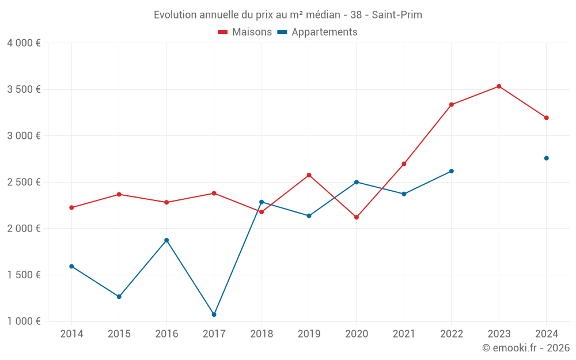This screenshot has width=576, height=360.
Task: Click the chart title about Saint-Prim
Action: pyautogui.click(x=287, y=14)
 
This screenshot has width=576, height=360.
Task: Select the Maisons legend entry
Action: pyautogui.click(x=245, y=32)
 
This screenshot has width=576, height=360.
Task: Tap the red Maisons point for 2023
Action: pyautogui.click(x=499, y=86)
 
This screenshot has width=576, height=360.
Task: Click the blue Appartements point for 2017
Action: pyautogui.click(x=214, y=314)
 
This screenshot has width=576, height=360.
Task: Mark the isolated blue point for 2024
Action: pyautogui.click(x=547, y=158)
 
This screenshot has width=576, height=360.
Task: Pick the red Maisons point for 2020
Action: pyautogui.click(x=357, y=217)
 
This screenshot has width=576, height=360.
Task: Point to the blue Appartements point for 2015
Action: pyautogui.click(x=119, y=297)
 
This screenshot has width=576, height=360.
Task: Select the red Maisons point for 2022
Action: pyautogui.click(x=452, y=105)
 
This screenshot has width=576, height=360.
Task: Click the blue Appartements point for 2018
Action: pyautogui.click(x=262, y=202)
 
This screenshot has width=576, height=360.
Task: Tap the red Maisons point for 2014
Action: pyautogui.click(x=71, y=207)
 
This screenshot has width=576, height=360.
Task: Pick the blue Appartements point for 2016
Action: pyautogui.click(x=166, y=240)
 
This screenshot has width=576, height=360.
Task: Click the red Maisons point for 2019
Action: pyautogui.click(x=309, y=175)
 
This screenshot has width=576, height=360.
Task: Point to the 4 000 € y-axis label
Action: pyautogui.click(x=24, y=43)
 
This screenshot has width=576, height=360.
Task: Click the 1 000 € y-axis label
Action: pyautogui.click(x=24, y=321)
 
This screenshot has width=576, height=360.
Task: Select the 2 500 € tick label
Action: pyautogui.click(x=24, y=182)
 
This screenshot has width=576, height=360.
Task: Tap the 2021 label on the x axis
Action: pyautogui.click(x=404, y=334)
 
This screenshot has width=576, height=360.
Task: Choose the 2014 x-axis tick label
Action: pyautogui.click(x=71, y=334)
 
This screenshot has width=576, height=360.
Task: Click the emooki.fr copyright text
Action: pyautogui.click(x=525, y=348)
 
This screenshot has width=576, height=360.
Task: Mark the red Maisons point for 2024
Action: pyautogui.click(x=547, y=118)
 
